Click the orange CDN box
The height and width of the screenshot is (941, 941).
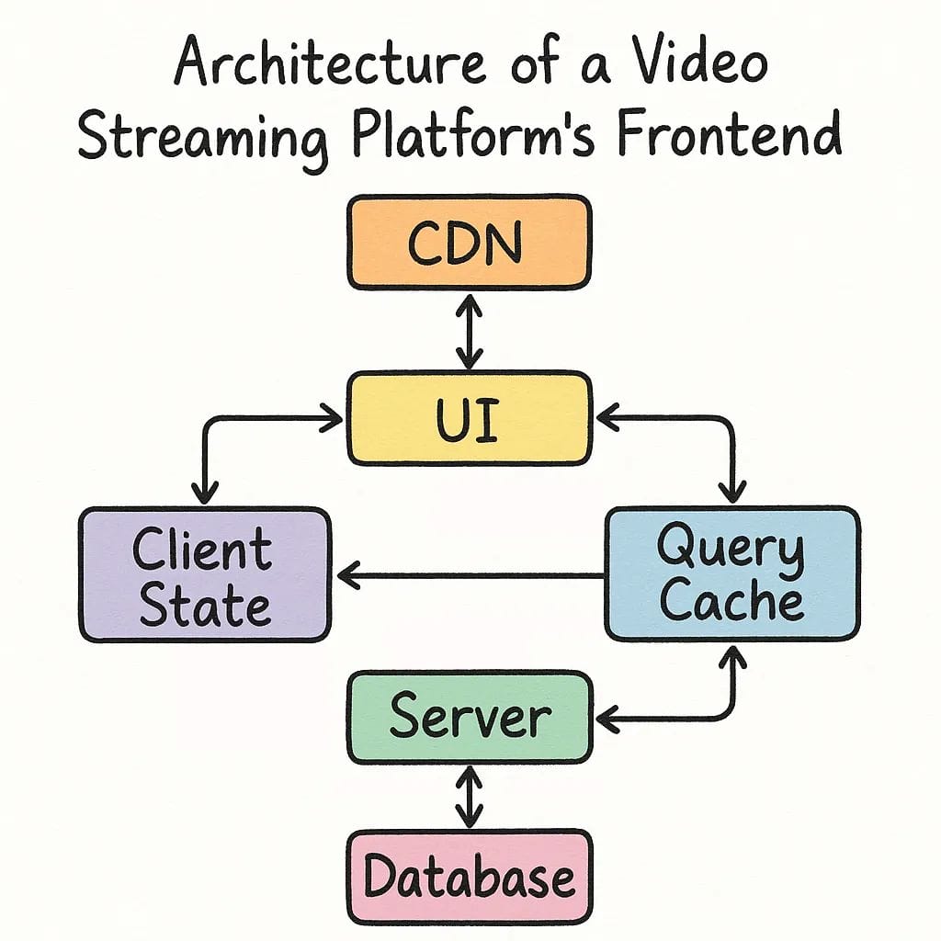[x=469, y=243]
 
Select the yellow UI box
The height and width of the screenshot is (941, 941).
[x=469, y=418]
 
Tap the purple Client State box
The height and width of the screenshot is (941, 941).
[x=204, y=574]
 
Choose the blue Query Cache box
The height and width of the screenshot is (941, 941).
[x=732, y=574]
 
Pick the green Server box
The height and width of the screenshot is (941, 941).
[x=469, y=717]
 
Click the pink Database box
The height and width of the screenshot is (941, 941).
[x=469, y=876]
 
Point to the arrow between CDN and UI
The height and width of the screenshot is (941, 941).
[x=470, y=331]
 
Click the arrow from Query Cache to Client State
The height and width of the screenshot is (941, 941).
[x=469, y=576]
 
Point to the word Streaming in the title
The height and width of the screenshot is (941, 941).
[x=202, y=136]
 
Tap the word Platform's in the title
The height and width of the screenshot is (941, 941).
[x=482, y=136]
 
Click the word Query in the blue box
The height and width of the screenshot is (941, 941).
[x=731, y=550]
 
